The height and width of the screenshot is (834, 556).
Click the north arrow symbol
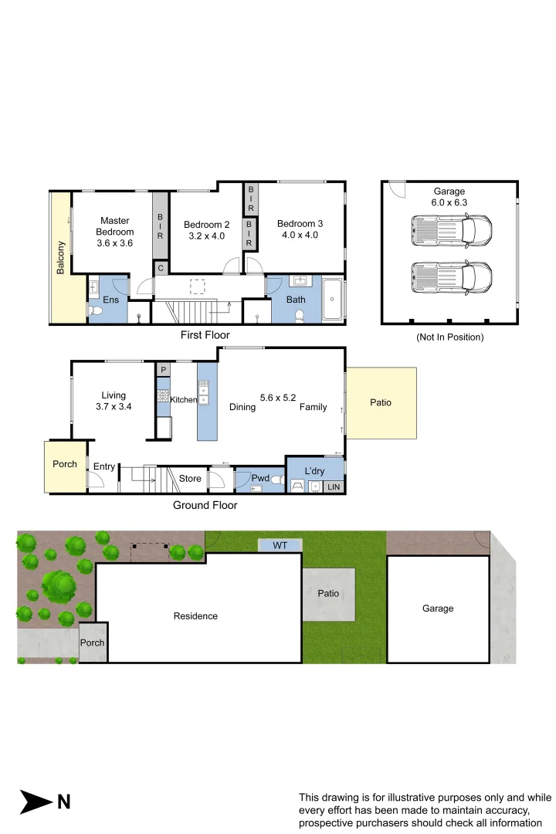point(36,801)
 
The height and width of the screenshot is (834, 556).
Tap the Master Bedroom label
point(114,226)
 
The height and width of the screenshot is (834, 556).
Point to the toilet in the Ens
point(96,310)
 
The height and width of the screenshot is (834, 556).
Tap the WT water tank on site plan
point(280,545)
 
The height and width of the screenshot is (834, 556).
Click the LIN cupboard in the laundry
point(334,486)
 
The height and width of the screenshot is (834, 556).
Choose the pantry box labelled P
point(163,371)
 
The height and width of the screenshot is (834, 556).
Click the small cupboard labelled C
point(161,268)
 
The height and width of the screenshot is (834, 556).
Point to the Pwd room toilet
point(277,480)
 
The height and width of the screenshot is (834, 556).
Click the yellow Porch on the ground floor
point(65,465)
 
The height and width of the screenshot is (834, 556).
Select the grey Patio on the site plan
point(328,595)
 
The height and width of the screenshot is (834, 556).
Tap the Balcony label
point(60,259)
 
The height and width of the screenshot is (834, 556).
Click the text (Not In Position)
point(449,337)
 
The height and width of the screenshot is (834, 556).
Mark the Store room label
point(190,479)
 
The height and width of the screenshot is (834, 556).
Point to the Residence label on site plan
point(195,616)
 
